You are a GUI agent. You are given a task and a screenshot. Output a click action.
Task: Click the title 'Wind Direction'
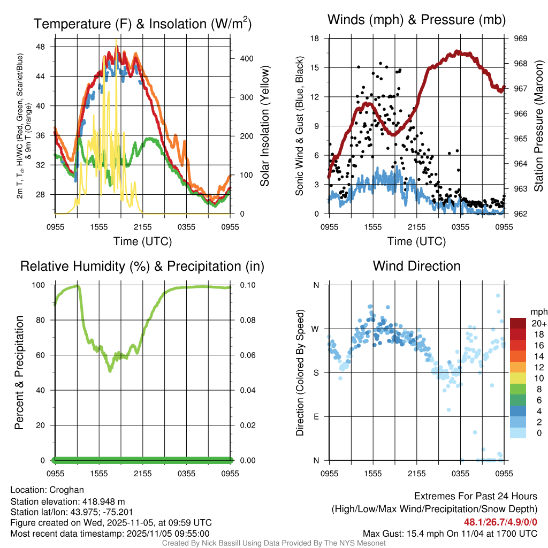point(416,266)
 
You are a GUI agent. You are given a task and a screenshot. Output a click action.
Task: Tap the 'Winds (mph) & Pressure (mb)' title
point(416,20)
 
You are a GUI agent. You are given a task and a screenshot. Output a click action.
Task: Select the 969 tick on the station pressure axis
point(521,39)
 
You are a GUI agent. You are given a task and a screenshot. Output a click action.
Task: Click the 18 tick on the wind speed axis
point(315,39)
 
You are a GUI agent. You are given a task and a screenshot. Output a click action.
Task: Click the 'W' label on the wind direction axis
point(316,329)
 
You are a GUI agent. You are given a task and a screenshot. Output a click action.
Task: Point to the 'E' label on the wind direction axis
point(316,416)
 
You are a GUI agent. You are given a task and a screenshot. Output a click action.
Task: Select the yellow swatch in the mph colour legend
point(517,378)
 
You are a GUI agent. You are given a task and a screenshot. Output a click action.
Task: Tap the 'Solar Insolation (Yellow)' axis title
point(264,126)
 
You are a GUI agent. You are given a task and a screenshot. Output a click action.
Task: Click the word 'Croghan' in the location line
point(66,490)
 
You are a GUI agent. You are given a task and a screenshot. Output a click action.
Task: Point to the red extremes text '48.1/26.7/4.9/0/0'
point(501,522)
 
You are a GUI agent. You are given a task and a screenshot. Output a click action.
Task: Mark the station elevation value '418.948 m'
point(103,501)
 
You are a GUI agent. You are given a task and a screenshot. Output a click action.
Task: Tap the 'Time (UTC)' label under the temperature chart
point(143,241)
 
